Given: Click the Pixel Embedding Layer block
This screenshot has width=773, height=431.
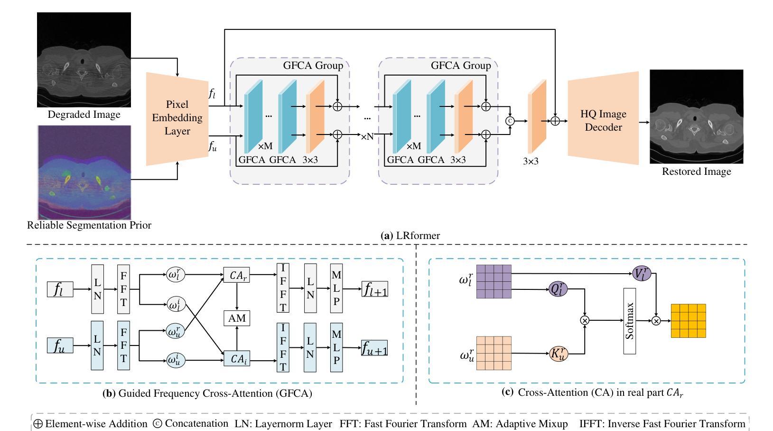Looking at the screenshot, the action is click(x=177, y=118).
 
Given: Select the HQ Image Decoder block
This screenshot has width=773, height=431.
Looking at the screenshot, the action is click(x=603, y=118).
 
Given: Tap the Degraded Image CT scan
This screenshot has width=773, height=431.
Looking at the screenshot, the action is click(x=84, y=60).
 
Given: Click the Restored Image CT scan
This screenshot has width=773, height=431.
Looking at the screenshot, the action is click(x=697, y=116).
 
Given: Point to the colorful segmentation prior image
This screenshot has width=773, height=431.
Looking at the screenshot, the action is click(x=84, y=172).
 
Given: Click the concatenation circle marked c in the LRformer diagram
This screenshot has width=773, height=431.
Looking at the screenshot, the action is click(x=510, y=121).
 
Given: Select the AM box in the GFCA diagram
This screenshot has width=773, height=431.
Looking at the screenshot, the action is click(x=237, y=318).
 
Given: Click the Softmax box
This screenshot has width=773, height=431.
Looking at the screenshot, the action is click(x=629, y=321).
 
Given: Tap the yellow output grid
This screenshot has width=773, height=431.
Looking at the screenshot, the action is click(x=689, y=321).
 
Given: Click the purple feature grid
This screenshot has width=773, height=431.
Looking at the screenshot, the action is click(x=494, y=281).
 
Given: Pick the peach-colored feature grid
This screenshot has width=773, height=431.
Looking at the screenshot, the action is click(x=494, y=353).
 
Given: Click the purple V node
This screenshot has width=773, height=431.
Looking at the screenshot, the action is click(x=642, y=273).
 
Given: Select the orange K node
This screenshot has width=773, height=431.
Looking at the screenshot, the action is click(x=559, y=354).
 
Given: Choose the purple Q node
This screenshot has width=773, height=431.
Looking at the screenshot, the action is click(x=558, y=289).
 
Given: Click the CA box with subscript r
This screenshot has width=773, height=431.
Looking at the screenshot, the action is click(x=237, y=275).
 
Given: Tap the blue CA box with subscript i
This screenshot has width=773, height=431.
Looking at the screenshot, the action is click(x=237, y=358).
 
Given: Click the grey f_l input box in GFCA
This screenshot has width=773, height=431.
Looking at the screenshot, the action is click(x=60, y=289).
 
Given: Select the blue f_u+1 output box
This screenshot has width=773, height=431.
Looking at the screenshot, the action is click(x=374, y=348).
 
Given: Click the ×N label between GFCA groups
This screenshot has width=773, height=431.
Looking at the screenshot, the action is click(x=367, y=136).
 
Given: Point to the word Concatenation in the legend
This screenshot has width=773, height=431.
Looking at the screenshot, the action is click(x=196, y=423).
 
